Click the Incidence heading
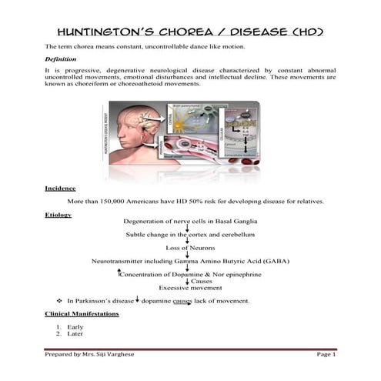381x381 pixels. point(60,188)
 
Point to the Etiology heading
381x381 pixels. point(58,215)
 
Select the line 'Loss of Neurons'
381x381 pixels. point(189,248)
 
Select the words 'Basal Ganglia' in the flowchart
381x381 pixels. point(231,221)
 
